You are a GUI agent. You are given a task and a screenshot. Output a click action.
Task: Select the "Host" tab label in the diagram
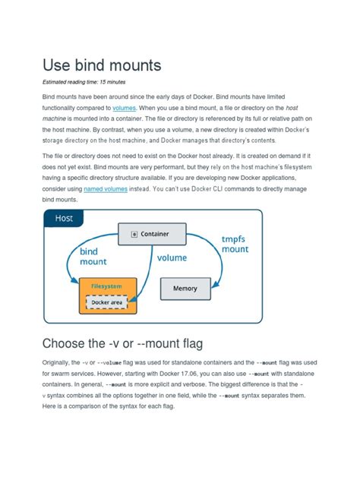coord(64,219)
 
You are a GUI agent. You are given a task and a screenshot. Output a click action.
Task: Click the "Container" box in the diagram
coord(150,233)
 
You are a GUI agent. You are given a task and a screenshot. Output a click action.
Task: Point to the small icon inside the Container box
coord(134,234)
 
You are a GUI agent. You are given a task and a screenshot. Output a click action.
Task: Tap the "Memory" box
coord(185,289)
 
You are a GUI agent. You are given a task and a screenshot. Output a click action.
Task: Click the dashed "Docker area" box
coord(107,303)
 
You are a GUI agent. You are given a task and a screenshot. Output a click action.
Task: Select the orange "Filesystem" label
coord(106,286)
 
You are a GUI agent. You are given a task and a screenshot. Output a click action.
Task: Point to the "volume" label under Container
coord(172,258)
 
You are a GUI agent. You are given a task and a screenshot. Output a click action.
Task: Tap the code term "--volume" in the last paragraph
coord(110,363)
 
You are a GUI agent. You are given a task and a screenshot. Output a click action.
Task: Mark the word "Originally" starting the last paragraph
coord(59,363)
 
